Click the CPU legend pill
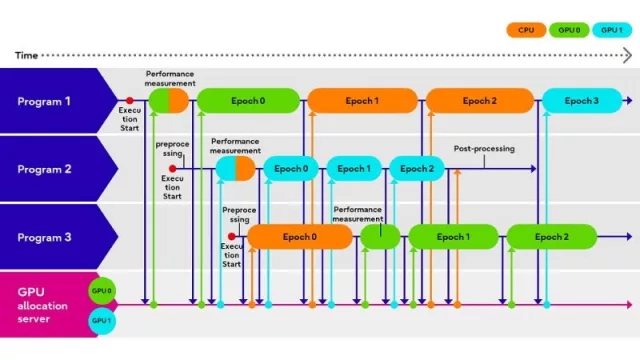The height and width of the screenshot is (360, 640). tap(526, 31)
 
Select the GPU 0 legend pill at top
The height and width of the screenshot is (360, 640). tap(568, 31)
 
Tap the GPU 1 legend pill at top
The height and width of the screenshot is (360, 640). tap(609, 31)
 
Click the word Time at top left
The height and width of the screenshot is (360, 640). tap(27, 55)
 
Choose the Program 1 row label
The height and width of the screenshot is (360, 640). tap(46, 101)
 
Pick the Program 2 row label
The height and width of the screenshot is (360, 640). tap(46, 169)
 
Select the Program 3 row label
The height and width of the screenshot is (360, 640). tap(46, 237)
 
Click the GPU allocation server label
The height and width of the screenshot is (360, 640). tap(42, 305)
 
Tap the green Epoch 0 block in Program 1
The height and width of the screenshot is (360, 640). tap(247, 101)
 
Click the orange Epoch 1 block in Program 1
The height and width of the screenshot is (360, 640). tap(362, 101)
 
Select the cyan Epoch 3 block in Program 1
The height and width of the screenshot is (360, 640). tap(581, 101)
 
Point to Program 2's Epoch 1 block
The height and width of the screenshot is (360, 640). tap(353, 169)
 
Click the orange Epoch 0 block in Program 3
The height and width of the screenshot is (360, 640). tap(300, 237)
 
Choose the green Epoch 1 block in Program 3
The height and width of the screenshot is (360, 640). tap(453, 237)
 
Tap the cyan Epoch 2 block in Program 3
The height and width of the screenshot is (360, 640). tap(551, 237)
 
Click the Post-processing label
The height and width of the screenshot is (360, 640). tap(484, 149)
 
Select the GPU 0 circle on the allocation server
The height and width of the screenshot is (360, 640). tap(102, 291)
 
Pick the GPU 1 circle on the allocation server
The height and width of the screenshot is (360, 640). tap(102, 320)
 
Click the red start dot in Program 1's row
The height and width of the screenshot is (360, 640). tap(129, 101)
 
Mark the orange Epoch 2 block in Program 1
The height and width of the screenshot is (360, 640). tap(478, 101)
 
